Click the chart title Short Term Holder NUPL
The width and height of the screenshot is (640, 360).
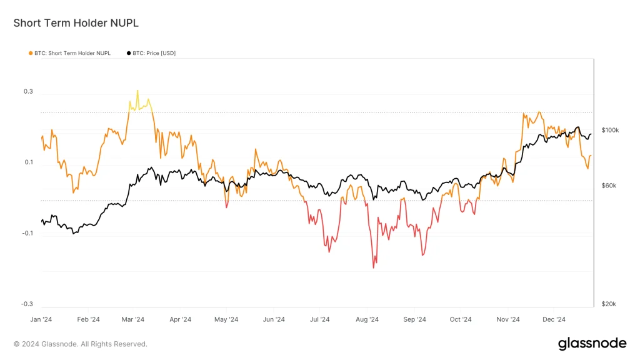76,23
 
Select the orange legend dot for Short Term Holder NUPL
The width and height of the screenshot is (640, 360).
31,53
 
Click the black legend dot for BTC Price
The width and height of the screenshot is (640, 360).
129,53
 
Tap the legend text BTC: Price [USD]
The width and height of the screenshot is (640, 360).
154,53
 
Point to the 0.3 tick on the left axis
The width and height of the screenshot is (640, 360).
28,92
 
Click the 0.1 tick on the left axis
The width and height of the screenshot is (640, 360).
28,162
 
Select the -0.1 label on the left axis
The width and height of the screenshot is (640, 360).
27,233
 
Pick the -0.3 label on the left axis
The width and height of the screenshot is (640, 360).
27,304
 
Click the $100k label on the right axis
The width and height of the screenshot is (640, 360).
609,130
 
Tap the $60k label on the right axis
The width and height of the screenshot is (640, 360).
609,186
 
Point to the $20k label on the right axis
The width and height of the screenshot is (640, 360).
609,304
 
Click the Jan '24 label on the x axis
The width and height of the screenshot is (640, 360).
41,319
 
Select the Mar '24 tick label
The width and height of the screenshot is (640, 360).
132,319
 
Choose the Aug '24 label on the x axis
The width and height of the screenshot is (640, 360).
367,319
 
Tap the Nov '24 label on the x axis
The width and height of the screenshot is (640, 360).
508,319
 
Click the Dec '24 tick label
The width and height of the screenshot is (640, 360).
554,319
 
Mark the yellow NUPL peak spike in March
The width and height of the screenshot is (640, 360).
137,91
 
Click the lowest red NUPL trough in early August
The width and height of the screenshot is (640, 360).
374,267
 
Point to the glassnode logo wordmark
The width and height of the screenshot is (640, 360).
591,343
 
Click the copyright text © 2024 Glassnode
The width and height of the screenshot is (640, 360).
81,344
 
